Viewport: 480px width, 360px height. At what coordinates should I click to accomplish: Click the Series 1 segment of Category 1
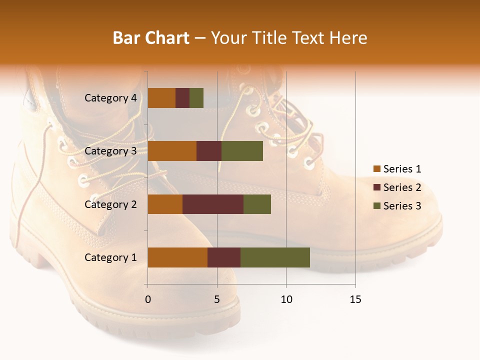pyautogui.click(x=177, y=257)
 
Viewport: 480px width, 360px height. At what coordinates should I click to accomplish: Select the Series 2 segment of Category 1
pyautogui.click(x=224, y=257)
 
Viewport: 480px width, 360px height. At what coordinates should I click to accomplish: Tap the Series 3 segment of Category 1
pyautogui.click(x=275, y=257)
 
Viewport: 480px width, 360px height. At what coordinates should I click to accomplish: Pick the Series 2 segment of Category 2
pyautogui.click(x=213, y=204)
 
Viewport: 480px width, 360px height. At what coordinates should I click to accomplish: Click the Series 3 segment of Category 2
pyautogui.click(x=257, y=204)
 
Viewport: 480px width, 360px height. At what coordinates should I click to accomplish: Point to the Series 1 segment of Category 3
pyautogui.click(x=172, y=151)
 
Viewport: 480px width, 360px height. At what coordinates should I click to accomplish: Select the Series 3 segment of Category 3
pyautogui.click(x=242, y=151)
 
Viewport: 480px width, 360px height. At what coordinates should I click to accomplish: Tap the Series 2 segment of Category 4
pyautogui.click(x=182, y=98)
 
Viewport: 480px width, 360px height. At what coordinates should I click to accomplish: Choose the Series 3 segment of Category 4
pyautogui.click(x=196, y=98)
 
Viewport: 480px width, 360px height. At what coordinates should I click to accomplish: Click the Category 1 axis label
pyautogui.click(x=110, y=257)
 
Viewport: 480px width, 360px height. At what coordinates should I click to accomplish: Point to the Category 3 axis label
pyautogui.click(x=110, y=151)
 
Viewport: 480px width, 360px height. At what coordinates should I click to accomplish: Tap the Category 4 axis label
pyautogui.click(x=110, y=98)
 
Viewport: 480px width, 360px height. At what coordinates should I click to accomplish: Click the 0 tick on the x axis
pyautogui.click(x=148, y=299)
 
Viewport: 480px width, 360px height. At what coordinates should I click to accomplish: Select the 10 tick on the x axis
pyautogui.click(x=286, y=299)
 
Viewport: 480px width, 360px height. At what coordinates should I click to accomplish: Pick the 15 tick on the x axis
pyautogui.click(x=355, y=299)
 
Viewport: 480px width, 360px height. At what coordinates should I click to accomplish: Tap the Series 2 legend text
pyautogui.click(x=402, y=187)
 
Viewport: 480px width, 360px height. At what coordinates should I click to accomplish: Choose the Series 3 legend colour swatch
pyautogui.click(x=377, y=206)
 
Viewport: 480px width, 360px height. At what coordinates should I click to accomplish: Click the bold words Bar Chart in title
pyautogui.click(x=151, y=38)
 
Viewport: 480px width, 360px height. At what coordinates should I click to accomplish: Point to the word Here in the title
pyautogui.click(x=348, y=38)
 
